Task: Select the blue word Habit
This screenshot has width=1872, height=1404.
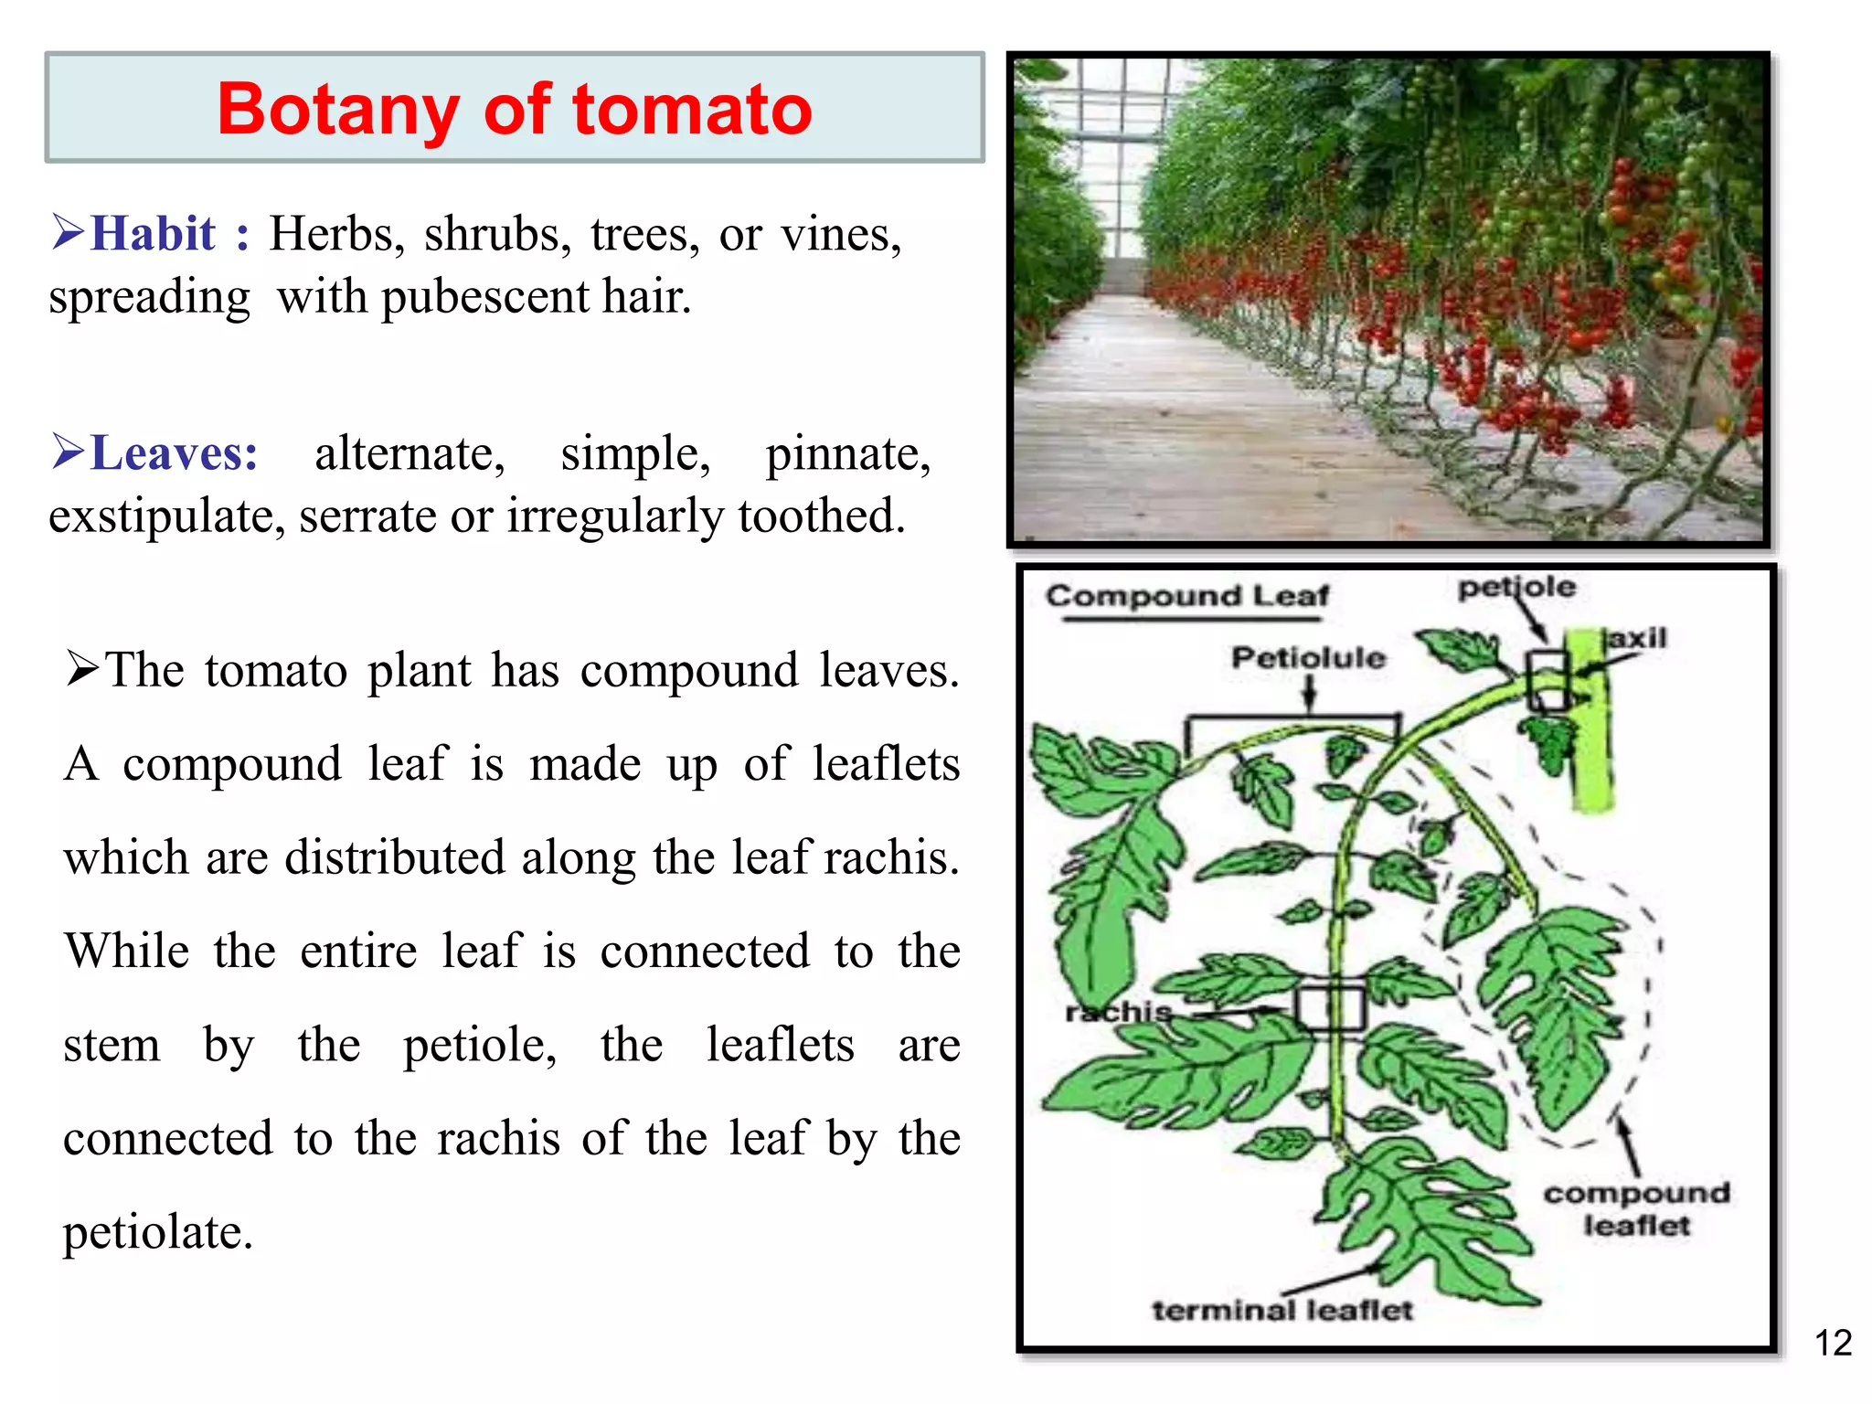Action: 154,233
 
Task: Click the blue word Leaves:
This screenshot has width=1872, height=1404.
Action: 175,452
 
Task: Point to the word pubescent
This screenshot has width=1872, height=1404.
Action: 484,298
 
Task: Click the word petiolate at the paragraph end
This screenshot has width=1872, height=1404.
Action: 157,1233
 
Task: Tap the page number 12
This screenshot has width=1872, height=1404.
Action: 1833,1343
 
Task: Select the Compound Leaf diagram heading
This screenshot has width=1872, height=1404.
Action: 1187,596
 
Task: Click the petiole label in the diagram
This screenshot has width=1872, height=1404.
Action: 1516,587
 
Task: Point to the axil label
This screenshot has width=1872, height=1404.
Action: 1637,637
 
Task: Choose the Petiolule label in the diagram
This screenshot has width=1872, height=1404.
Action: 1308,657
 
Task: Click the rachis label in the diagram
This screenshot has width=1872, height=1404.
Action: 1118,1012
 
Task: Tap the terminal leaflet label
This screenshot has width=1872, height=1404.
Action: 1282,1311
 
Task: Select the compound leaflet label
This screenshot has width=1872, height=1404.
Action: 1637,1208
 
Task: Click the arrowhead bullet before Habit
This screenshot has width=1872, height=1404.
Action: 69,232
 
